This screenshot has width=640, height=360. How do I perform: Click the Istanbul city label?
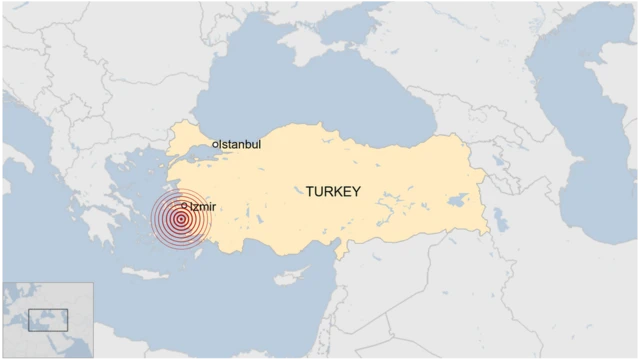click(x=240, y=145)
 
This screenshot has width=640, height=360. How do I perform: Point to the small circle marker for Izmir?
click(x=185, y=207)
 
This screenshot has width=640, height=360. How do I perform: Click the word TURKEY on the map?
click(x=333, y=191)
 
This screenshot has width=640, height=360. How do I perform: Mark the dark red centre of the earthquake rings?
click(x=181, y=220)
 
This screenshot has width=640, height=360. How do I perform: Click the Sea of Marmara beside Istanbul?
click(x=205, y=154)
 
